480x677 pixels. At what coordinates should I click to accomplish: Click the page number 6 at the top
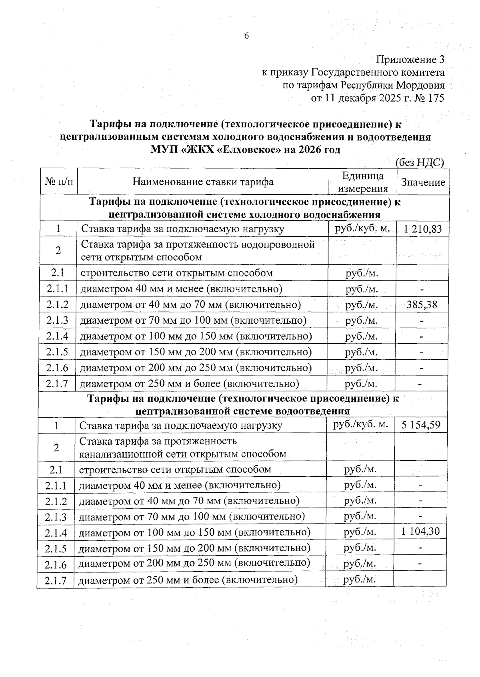pyautogui.click(x=246, y=36)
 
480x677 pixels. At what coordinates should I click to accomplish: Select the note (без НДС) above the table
pyautogui.click(x=420, y=162)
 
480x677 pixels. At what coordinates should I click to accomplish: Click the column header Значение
pyautogui.click(x=423, y=182)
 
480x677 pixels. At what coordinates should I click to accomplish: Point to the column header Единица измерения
pyautogui.click(x=363, y=182)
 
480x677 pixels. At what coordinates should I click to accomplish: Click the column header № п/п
pyautogui.click(x=59, y=182)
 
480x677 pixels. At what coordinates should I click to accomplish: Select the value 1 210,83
pyautogui.click(x=423, y=229)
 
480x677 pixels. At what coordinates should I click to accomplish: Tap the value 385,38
pyautogui.click(x=422, y=305)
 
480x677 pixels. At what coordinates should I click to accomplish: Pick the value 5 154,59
pyautogui.click(x=421, y=425)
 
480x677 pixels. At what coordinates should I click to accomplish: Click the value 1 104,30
pyautogui.click(x=420, y=532)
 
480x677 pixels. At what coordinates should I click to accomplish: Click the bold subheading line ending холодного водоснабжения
pyautogui.click(x=244, y=214)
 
